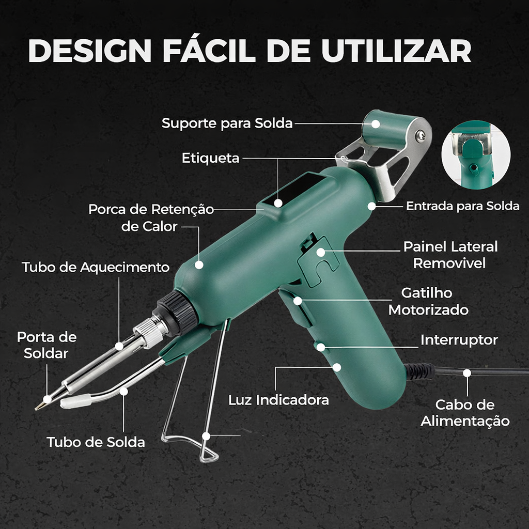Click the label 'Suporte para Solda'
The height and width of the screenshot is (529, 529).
pos(227,123)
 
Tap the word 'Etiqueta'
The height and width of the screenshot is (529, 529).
pos(210,158)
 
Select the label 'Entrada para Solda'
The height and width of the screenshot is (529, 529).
pos(462,206)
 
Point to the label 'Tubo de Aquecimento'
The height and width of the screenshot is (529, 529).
pos(96,267)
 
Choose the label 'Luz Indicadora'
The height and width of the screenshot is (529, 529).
pos(278,400)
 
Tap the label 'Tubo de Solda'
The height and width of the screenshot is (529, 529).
pos(96,442)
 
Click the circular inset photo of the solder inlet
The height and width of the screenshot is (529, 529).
pos(476,154)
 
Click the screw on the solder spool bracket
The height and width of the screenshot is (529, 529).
pos(421,135)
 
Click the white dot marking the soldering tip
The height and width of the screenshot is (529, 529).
pos(47,399)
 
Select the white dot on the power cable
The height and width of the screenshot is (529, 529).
pos(467,372)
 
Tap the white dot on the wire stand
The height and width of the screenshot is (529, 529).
pos(206,436)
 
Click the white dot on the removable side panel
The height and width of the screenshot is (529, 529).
pos(321,252)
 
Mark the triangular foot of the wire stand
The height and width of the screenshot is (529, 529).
pos(209,455)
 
